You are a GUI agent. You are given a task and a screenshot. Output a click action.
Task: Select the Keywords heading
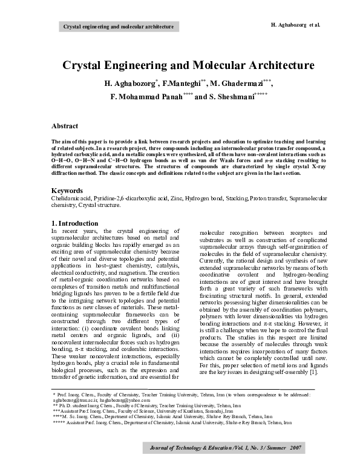coord(67,190)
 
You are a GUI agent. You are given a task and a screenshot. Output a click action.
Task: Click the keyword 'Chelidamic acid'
coord(71,198)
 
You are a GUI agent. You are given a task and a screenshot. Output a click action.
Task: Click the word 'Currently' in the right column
coord(214,261)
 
